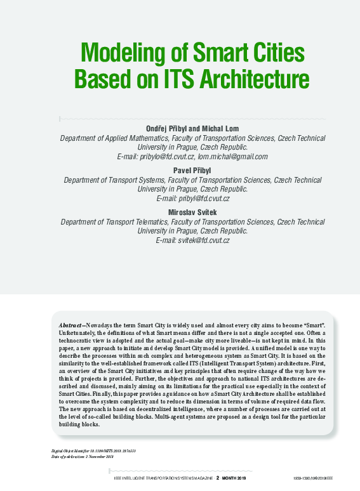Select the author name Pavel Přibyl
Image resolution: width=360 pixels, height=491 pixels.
click(192, 171)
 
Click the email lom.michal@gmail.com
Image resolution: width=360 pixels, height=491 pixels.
click(232, 156)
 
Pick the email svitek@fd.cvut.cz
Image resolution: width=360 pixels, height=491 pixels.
click(203, 240)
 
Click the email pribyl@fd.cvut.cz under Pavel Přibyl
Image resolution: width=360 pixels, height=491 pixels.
click(203, 199)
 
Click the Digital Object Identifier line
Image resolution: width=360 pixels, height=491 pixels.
click(94, 450)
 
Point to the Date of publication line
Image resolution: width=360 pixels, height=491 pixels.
click(82, 456)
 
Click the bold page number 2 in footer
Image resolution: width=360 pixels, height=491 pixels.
click(218, 479)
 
